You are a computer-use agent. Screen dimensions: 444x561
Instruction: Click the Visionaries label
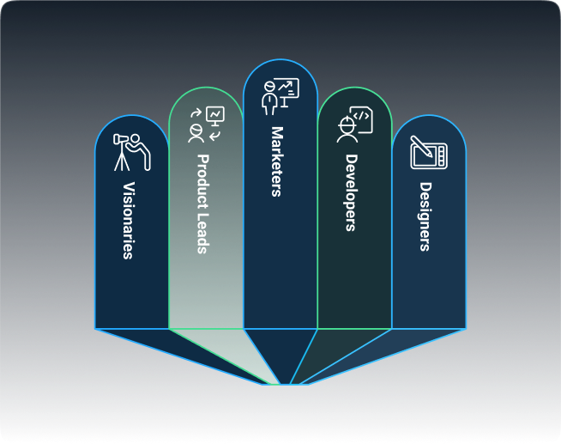coord(128,221)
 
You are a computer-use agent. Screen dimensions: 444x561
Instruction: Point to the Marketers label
coord(276,161)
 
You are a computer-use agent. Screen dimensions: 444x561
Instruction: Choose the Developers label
coord(351,192)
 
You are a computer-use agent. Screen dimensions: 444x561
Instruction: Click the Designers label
coord(425,216)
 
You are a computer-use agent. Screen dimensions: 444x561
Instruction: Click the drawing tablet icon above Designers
coord(428,153)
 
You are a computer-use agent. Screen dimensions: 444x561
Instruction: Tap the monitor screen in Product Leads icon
coord(214,113)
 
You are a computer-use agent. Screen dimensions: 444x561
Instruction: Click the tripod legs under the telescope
coord(124,159)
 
